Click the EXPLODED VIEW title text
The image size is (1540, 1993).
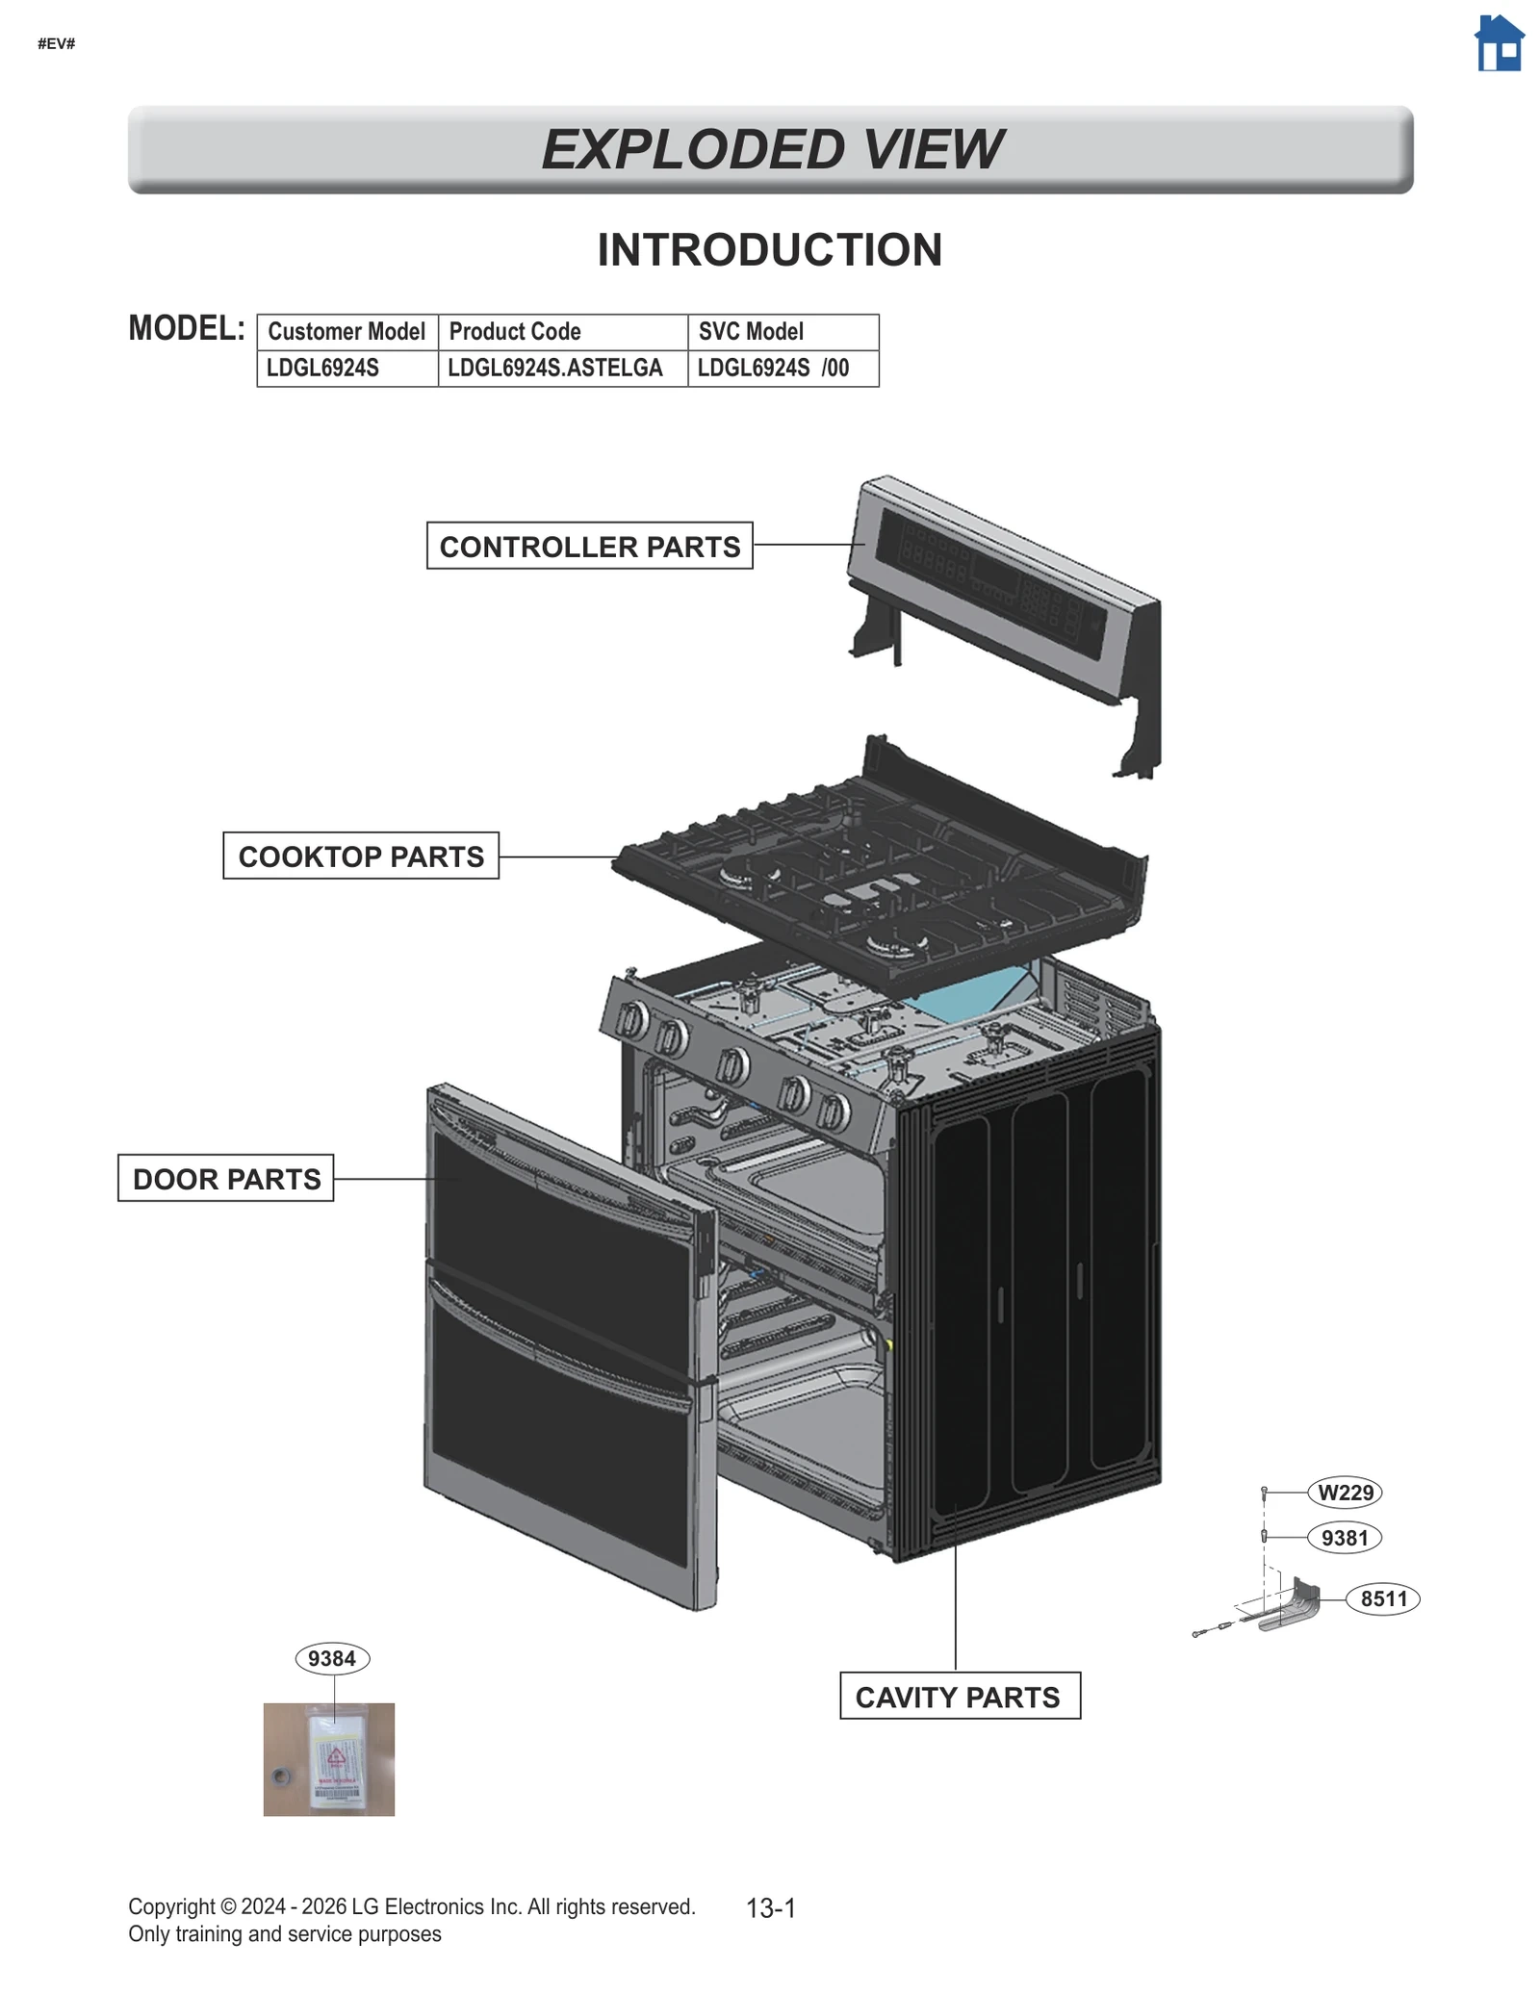click(x=771, y=149)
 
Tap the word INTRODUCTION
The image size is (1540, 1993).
click(x=769, y=250)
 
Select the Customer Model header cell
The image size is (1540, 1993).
click(x=346, y=332)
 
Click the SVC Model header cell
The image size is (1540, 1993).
click(x=782, y=332)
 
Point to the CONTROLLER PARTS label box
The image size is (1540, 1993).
click(x=589, y=547)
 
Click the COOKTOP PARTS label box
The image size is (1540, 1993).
click(x=361, y=856)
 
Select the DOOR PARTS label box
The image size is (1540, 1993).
click(x=226, y=1179)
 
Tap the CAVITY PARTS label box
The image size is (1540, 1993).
click(x=959, y=1698)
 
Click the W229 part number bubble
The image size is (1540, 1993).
click(x=1345, y=1493)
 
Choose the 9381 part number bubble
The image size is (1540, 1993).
click(x=1344, y=1538)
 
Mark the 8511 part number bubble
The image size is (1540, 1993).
click(x=1383, y=1599)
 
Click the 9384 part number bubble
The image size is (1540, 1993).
click(x=332, y=1659)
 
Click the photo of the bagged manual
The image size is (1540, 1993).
click(x=329, y=1760)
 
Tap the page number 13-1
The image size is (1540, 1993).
click(x=771, y=1908)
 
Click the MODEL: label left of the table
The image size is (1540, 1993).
click(x=187, y=328)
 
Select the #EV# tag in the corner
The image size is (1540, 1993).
click(x=57, y=44)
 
